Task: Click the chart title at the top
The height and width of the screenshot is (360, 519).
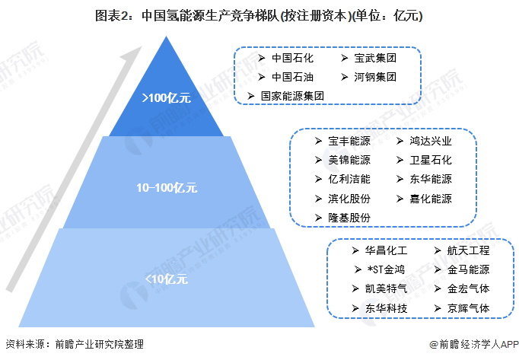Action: pyautogui.click(x=259, y=15)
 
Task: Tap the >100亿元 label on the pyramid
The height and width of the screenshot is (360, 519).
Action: pyautogui.click(x=167, y=98)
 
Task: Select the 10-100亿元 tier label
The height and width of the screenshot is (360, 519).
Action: pyautogui.click(x=167, y=188)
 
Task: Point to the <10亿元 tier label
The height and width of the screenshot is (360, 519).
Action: pyautogui.click(x=167, y=279)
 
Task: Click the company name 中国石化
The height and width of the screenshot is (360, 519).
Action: pyautogui.click(x=292, y=58)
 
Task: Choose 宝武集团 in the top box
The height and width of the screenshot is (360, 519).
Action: pyautogui.click(x=375, y=58)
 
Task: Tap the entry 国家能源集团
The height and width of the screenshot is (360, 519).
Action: pyautogui.click(x=292, y=96)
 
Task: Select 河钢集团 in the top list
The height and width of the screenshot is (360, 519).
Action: pyautogui.click(x=375, y=77)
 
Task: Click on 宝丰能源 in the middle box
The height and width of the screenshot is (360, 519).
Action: pyautogui.click(x=349, y=141)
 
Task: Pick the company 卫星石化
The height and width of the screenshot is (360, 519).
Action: pyautogui.click(x=431, y=161)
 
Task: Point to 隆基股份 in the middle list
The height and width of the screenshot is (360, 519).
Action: pyautogui.click(x=349, y=218)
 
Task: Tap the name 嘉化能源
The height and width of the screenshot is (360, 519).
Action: pyautogui.click(x=431, y=199)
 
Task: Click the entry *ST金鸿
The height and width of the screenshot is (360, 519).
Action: pyautogui.click(x=386, y=269)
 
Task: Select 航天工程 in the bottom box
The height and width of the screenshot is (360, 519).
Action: pyautogui.click(x=468, y=250)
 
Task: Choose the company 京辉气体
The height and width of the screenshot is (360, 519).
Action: pyautogui.click(x=468, y=308)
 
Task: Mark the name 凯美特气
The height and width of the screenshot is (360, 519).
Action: pyautogui.click(x=386, y=288)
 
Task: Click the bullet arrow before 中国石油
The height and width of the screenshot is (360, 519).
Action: pyautogui.click(x=262, y=77)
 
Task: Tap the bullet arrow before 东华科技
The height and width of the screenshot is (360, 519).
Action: pyautogui.click(x=355, y=308)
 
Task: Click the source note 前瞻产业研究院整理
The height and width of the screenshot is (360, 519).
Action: pyautogui.click(x=99, y=345)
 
